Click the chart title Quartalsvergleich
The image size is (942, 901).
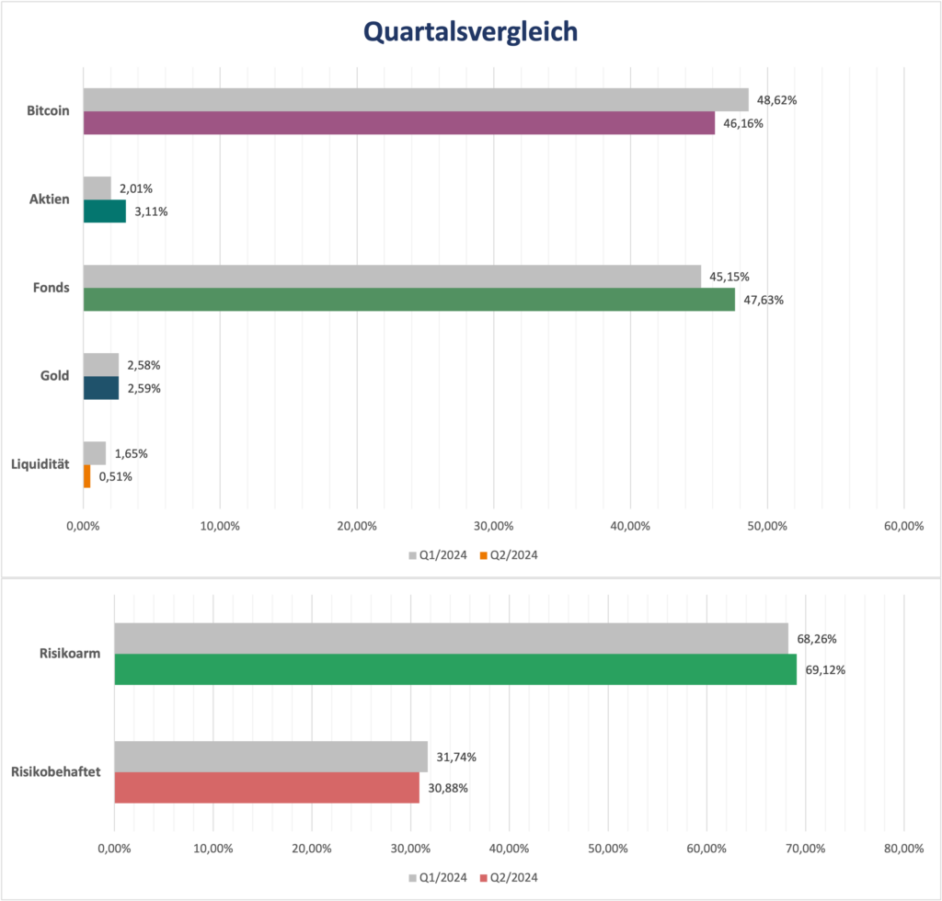coord(470,32)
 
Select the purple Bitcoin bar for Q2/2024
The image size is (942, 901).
coord(398,123)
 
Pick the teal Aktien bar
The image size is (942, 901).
coord(105,211)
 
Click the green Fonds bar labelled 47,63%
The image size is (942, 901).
coord(408,300)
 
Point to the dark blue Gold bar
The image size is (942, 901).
coord(101,388)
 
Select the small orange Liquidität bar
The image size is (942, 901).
coord(87,476)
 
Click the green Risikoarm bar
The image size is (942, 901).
coord(455,669)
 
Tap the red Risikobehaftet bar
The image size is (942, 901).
coord(267,788)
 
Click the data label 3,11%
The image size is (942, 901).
coord(151,211)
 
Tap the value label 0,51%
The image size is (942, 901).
coord(115,476)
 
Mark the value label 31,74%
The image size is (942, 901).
coord(456,757)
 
